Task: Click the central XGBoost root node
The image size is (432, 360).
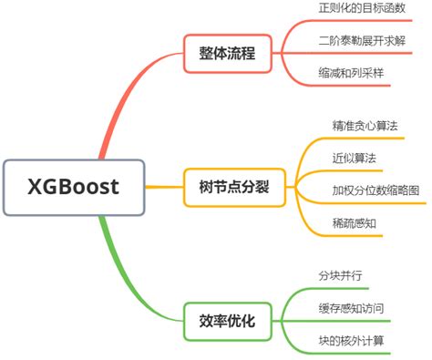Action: pos(74,188)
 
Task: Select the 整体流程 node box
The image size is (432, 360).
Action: pos(227,54)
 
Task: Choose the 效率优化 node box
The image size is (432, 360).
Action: pos(227,320)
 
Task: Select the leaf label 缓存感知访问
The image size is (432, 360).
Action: pos(350,308)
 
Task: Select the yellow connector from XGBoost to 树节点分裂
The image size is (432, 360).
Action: pos(164,188)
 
